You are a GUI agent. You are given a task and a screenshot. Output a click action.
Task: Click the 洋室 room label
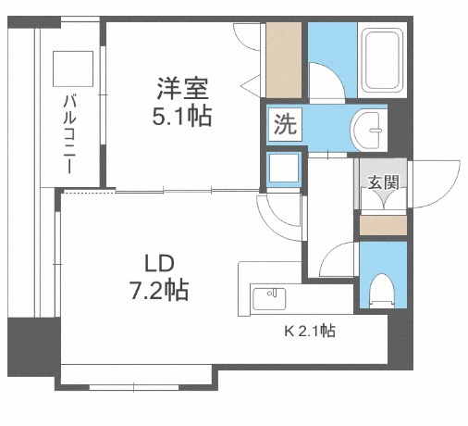[182, 91]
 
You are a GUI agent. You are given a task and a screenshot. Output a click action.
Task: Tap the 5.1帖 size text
[182, 118]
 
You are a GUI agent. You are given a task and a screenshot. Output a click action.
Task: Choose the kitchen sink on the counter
[271, 299]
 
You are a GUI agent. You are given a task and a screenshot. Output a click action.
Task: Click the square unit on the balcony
[72, 68]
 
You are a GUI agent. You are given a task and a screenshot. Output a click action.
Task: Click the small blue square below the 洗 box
[283, 168]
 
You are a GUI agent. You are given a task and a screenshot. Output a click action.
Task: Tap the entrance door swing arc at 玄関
[435, 182]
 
